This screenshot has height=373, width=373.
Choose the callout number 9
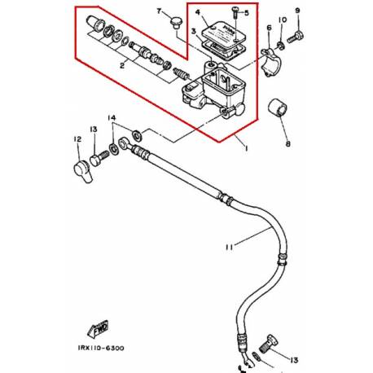[x=297, y=10]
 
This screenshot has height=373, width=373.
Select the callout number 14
[x=113, y=119]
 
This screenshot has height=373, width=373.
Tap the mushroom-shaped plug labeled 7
[x=174, y=27]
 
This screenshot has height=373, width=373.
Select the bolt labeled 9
[x=298, y=36]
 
